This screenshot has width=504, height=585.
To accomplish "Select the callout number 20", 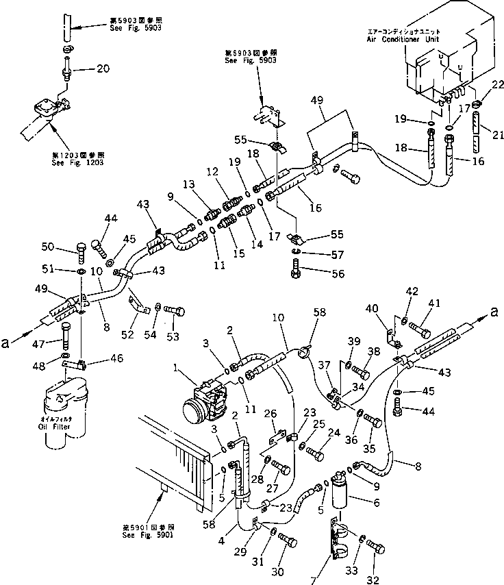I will coord(102,69).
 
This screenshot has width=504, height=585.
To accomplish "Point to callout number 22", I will coord(498,84).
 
